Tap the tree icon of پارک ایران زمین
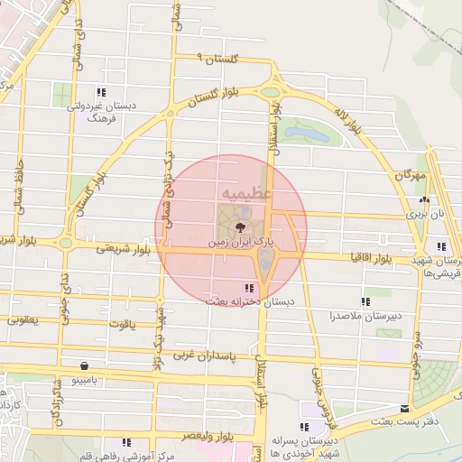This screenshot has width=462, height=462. pyautogui.click(x=241, y=227)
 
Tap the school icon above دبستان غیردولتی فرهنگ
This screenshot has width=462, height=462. pyautogui.click(x=101, y=91)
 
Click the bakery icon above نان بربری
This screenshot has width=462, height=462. pyautogui.click(x=424, y=201)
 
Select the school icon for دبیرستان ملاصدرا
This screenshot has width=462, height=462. pyautogui.click(x=365, y=301)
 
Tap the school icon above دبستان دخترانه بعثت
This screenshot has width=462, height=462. pyautogui.click(x=236, y=288)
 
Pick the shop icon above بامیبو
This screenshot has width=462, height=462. pyautogui.click(x=84, y=366)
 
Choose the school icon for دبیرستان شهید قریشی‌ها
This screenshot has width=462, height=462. pyautogui.click(x=441, y=246)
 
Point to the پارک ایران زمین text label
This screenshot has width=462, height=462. pyautogui.click(x=244, y=243)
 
